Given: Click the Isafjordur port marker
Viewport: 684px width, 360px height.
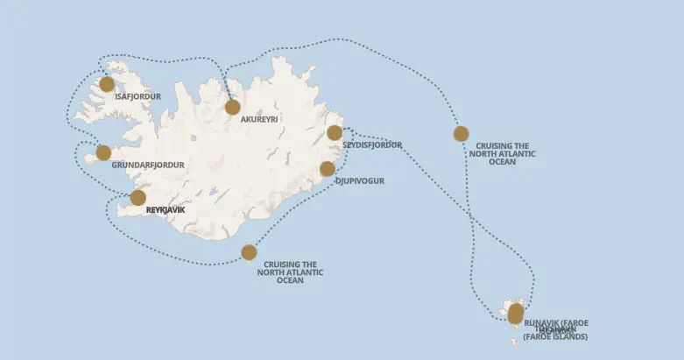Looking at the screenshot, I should point(107,84).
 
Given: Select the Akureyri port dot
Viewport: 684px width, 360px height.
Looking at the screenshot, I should point(232,107).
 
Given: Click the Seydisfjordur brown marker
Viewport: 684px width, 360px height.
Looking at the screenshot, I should point(335,133).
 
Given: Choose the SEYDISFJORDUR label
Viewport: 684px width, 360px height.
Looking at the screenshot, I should point(372,145).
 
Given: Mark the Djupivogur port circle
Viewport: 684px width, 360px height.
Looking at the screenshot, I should point(328,169).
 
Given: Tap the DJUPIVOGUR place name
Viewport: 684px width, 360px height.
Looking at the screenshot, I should point(359,181).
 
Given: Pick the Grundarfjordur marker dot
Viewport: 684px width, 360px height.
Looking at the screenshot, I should point(103,153).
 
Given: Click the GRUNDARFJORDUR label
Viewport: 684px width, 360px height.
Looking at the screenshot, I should point(148,165).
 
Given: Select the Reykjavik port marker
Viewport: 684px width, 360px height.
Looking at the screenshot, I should point(138,198).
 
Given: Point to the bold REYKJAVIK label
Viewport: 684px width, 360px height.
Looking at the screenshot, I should point(166,210).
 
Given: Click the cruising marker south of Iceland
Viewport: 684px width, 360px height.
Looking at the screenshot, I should point(249,252).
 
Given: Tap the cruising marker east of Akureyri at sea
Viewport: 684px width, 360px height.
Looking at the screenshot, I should point(461,134).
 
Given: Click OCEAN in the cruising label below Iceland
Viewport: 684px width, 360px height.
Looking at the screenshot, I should point(290,280).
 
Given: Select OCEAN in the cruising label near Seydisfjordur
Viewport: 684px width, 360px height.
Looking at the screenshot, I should point(503,162).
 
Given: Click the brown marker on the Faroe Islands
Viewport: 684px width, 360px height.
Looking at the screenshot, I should point(515,313).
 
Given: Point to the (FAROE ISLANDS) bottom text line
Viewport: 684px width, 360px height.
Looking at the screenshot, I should point(555,337).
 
